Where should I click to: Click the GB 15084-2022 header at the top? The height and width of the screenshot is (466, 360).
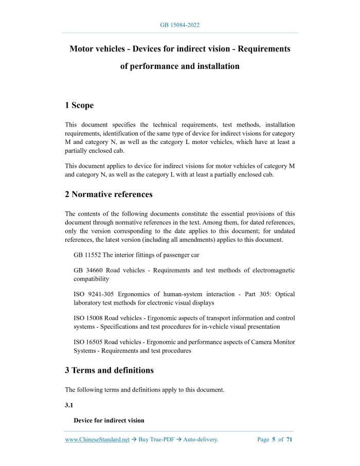tap(179, 25)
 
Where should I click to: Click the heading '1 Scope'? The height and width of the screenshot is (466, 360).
tap(79, 105)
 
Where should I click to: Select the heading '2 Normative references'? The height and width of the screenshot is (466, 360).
tap(109, 194)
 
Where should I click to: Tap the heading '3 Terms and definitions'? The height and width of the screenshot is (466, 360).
tap(109, 370)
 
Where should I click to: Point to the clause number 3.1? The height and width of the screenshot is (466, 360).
tap(69, 405)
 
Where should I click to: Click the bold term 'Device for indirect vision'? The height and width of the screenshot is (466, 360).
tap(109, 420)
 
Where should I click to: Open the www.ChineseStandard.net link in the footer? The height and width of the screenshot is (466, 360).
tap(97, 440)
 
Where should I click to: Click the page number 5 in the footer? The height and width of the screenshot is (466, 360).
tap(274, 440)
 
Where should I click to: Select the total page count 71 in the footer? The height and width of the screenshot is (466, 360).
tap(290, 440)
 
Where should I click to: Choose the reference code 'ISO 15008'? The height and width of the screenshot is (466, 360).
tap(88, 318)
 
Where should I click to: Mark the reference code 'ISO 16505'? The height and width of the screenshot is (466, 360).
tap(88, 342)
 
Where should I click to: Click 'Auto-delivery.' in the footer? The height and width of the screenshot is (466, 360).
tap(201, 440)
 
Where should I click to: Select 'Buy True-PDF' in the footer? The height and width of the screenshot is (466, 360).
tap(156, 440)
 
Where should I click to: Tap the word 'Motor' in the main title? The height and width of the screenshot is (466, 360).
tap(82, 49)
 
